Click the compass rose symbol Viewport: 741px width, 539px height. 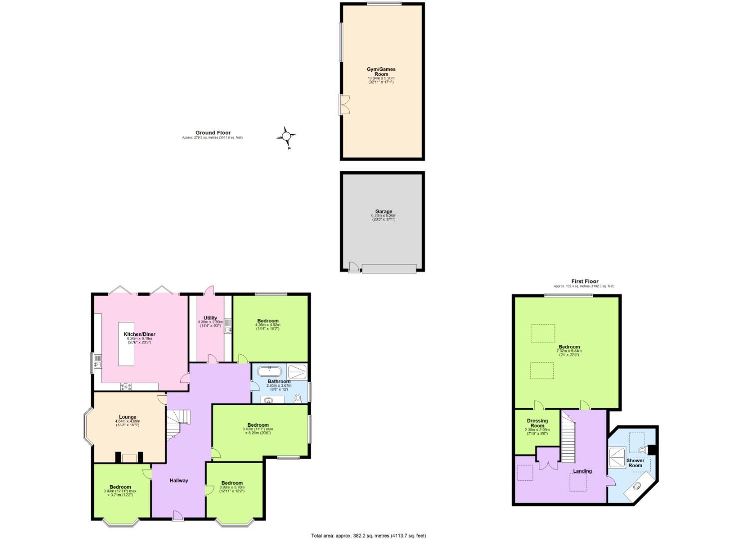point(286,136)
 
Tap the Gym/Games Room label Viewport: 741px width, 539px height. point(381,72)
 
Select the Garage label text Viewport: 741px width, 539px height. point(384,212)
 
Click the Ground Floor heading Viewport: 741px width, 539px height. point(213,133)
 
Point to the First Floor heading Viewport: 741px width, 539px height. point(585,281)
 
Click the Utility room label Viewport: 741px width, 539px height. point(210,318)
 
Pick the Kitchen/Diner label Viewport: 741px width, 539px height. point(139,334)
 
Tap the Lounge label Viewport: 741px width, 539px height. point(128,417)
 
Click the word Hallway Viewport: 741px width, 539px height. point(179,481)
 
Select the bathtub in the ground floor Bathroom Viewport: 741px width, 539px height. point(270,371)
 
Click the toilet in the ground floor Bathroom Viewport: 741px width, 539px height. point(298,398)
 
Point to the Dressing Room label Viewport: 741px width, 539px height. point(537,423)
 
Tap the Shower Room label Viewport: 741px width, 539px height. point(635,463)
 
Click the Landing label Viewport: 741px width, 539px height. point(582,471)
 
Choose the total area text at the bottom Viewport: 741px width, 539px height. point(368,536)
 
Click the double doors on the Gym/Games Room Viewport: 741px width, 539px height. point(344,105)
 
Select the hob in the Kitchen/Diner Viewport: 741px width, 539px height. point(126,386)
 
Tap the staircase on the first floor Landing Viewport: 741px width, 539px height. point(569,437)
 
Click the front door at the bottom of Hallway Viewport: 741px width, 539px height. point(178,516)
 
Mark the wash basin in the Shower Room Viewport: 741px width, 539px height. point(638,486)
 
